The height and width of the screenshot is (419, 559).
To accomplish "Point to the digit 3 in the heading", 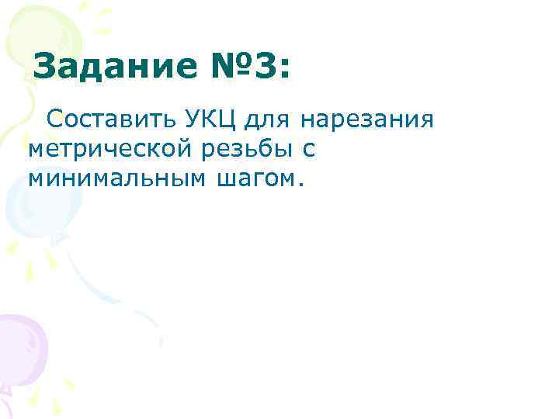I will pyautogui.click(x=262, y=68).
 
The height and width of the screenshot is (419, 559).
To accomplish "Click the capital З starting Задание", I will pyautogui.click(x=47, y=68).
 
